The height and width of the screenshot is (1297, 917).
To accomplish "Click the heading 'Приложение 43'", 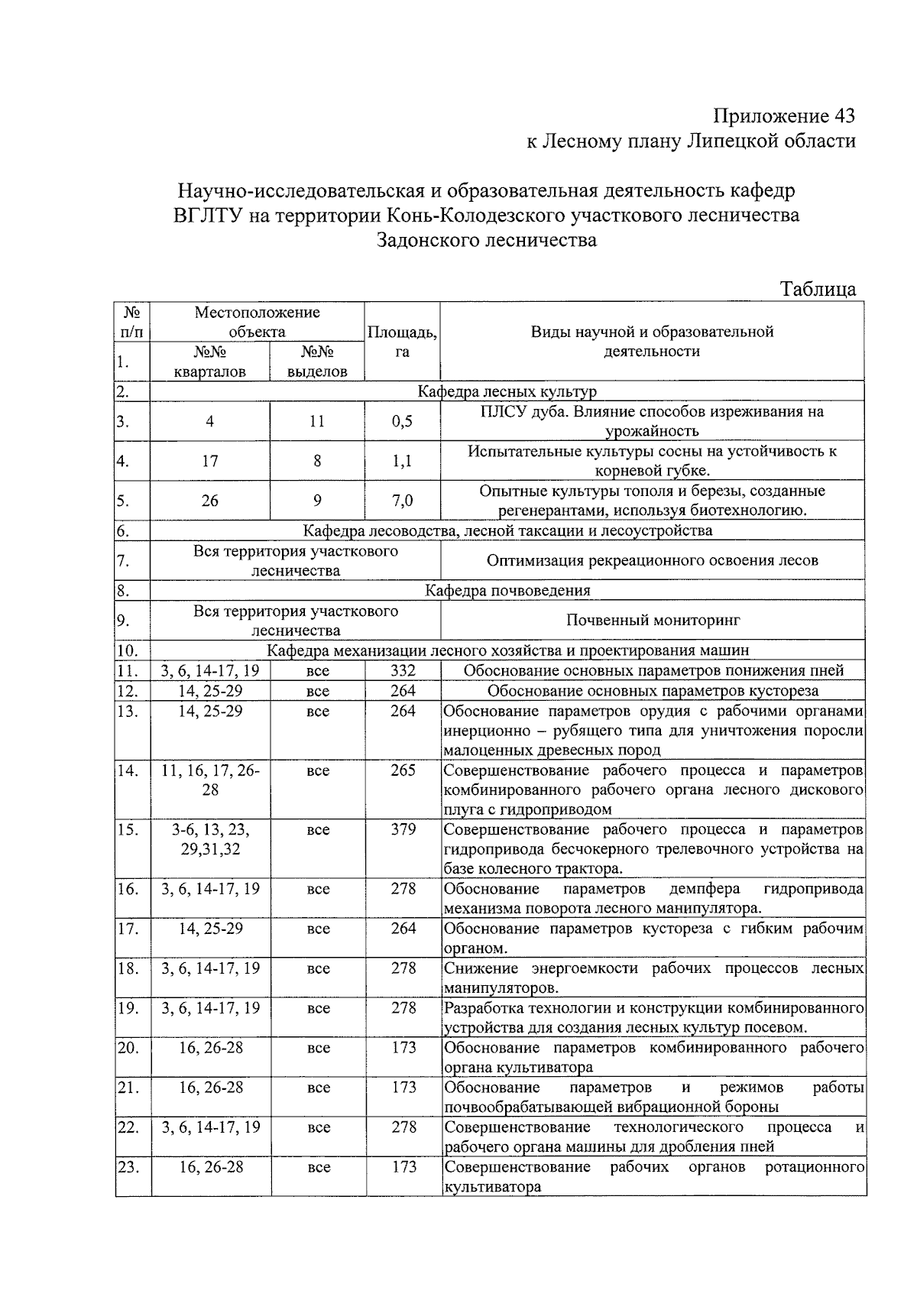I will click(783, 116).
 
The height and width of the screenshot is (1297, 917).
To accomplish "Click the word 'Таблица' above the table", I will click(817, 289).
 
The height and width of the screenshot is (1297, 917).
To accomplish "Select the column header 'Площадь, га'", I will click(402, 342).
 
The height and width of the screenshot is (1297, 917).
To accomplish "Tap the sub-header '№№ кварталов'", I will click(210, 362).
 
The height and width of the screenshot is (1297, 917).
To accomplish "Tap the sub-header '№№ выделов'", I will click(317, 362).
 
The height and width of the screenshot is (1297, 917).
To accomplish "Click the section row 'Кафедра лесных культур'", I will click(507, 392).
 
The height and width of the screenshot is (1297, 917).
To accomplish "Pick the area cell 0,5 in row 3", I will click(402, 421).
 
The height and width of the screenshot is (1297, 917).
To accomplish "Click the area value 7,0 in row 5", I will click(402, 501).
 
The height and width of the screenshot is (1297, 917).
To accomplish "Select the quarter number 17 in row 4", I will click(210, 461).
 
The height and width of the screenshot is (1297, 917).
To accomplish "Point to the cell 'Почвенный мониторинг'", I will click(653, 620).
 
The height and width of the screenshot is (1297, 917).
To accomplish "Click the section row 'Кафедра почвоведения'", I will click(507, 590).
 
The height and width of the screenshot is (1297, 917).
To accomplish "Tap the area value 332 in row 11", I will click(403, 670).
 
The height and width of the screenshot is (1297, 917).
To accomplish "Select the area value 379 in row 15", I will click(403, 829).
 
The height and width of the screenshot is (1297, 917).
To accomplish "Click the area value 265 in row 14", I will click(403, 770).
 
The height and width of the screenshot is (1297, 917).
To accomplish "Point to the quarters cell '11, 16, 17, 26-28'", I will click(210, 780).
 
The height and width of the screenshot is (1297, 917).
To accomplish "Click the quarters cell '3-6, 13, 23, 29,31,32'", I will click(210, 839).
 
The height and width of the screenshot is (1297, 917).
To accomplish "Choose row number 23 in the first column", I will click(128, 1167).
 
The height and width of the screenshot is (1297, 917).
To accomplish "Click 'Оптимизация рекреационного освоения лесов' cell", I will click(653, 560).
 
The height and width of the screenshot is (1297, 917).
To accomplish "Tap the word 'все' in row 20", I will click(318, 1048).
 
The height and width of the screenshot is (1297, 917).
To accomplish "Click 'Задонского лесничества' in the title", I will click(486, 240).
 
